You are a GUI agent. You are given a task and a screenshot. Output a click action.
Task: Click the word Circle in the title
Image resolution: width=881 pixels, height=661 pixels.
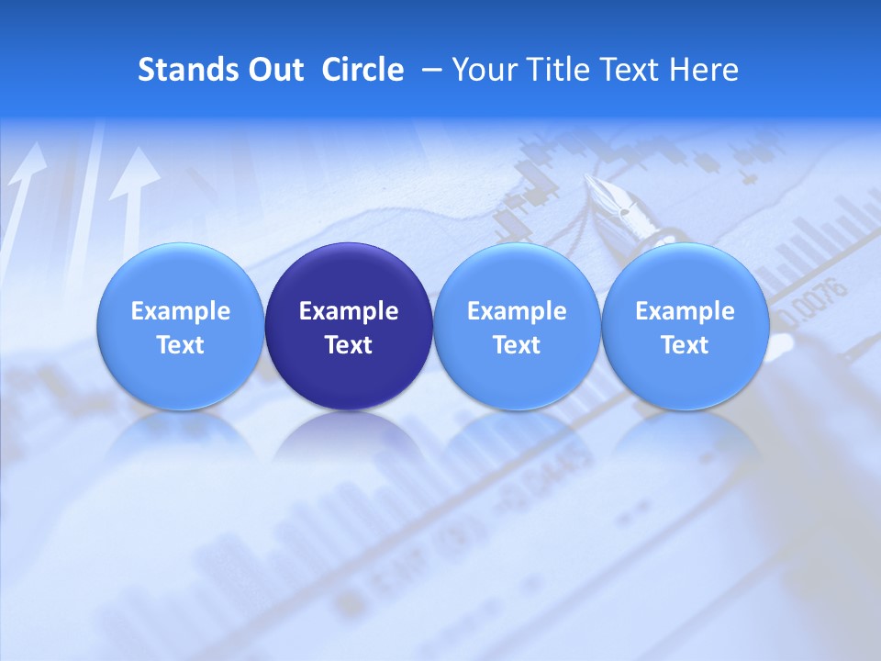pyautogui.click(x=362, y=70)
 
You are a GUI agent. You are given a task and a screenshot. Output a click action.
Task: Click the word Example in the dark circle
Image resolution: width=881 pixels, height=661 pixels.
pyautogui.click(x=349, y=311)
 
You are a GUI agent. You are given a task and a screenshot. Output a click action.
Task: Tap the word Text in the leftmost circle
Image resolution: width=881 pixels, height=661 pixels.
pyautogui.click(x=180, y=345)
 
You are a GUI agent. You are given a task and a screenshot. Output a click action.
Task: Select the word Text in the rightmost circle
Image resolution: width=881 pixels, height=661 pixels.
pyautogui.click(x=685, y=345)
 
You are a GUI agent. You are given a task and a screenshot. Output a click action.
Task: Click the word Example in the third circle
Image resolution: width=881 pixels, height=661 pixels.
pyautogui.click(x=517, y=311)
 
